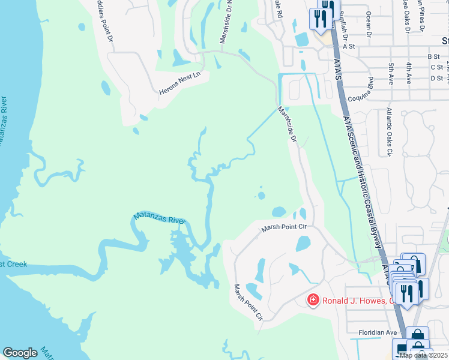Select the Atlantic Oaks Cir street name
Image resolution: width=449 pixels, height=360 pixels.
(x=388, y=131)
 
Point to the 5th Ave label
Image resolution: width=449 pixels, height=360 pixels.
(x=391, y=72)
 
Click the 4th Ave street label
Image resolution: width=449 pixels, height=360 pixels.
(x=409, y=72)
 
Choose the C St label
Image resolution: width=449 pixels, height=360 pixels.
(x=436, y=67)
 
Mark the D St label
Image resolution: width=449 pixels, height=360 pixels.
(x=436, y=78)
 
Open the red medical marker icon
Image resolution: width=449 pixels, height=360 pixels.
(x=313, y=299)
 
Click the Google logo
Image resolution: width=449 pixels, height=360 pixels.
(x=20, y=353)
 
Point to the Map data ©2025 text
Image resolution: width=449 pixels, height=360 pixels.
(x=423, y=355)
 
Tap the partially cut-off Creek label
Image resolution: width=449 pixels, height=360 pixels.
(x=13, y=264)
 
